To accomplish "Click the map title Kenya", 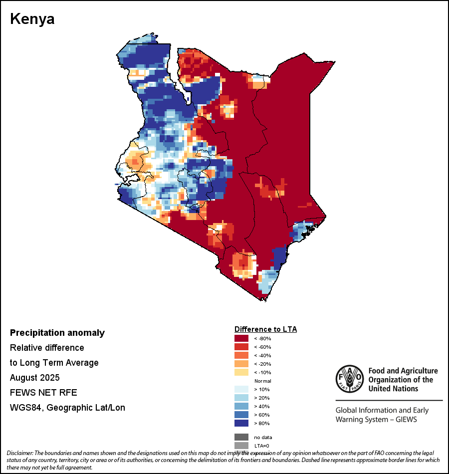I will tap(32, 19).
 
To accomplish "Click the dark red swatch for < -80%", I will tap(241, 338).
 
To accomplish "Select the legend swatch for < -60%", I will tap(241, 347).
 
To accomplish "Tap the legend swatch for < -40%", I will tap(241, 355).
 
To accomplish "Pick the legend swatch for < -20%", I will tap(241, 364).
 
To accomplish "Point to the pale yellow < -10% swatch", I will tap(241, 372).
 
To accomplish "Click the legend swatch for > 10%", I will tap(241, 389).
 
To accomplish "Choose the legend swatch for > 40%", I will tap(241, 406).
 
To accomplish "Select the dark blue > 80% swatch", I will tap(241, 423).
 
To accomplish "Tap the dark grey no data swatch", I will tap(241, 437).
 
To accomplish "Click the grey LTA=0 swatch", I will tap(241, 446).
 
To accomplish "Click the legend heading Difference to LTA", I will tap(265, 329).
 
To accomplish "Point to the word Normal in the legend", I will tap(262, 381).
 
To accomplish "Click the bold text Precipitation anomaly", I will tap(57, 333).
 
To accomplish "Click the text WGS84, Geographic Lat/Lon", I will tap(67, 408).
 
